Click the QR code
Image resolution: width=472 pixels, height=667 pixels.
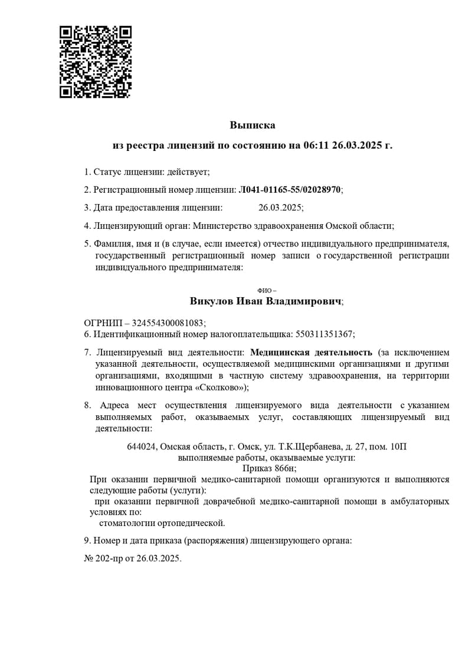(x=96, y=61)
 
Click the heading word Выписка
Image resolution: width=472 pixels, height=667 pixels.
(x=253, y=125)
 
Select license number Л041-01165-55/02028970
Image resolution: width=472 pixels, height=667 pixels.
(x=289, y=190)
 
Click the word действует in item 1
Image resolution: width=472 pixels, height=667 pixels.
(x=187, y=172)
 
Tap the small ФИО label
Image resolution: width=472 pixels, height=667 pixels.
(x=267, y=291)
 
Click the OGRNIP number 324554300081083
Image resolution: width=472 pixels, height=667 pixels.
(x=168, y=323)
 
